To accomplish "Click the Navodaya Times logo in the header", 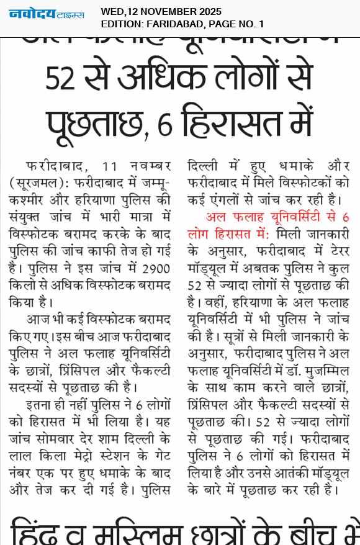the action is pos(46,14).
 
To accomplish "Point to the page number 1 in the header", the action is pos(261,24).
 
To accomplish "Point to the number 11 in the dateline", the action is pos(110,168).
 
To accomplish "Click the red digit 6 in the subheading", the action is pos(345,217).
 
